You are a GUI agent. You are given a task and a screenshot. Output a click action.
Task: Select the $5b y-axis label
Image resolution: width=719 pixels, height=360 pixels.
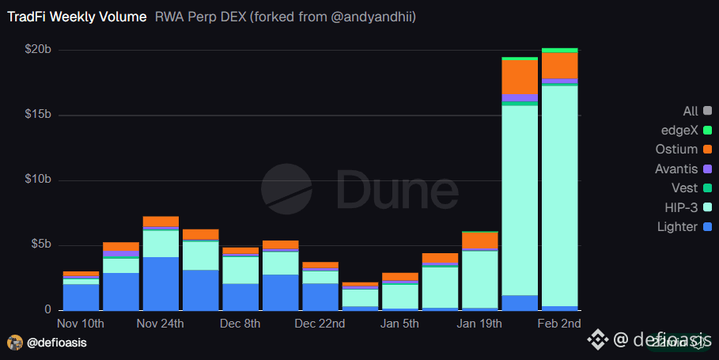coord(40,244)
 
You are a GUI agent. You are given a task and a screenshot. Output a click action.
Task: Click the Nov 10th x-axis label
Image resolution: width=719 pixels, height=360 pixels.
coord(81,324)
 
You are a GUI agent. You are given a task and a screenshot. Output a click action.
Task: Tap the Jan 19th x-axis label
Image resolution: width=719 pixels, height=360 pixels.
coord(480,324)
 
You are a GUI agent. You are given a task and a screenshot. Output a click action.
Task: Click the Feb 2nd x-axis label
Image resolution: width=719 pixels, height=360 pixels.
coord(559,324)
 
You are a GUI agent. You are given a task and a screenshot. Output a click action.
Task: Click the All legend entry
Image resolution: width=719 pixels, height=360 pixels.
coord(691,111)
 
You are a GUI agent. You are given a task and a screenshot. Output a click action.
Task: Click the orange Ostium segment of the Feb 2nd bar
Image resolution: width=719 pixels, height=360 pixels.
coord(559,65)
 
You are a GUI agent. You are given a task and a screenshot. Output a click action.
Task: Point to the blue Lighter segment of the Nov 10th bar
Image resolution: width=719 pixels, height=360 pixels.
coord(81,297)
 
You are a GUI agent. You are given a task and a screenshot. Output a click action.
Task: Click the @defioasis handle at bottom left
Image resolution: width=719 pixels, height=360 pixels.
coord(56,343)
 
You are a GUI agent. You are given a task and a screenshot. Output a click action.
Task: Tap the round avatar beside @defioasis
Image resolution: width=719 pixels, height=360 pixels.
coord(15,343)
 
